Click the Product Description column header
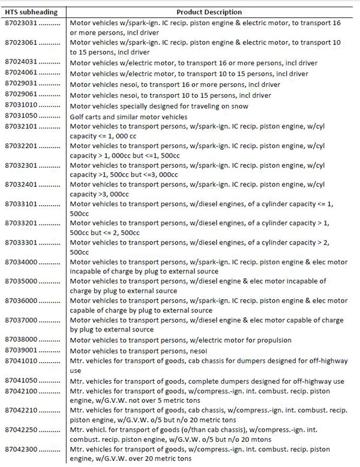[209, 12]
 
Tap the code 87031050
[22, 116]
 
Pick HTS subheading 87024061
[22, 73]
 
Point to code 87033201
[22, 223]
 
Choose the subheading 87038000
[22, 339]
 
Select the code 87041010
[22, 360]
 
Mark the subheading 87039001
[22, 349]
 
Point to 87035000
[22, 281]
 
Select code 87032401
[22, 184]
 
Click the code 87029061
[22, 94]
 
